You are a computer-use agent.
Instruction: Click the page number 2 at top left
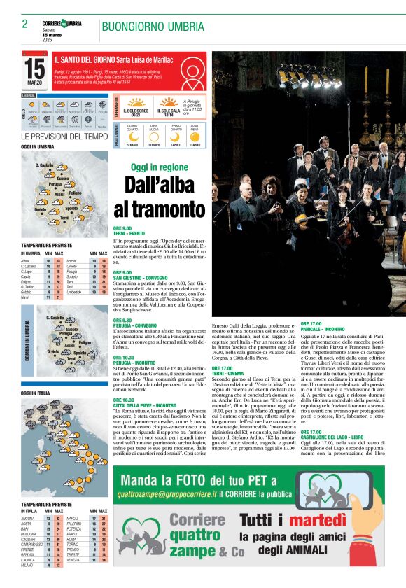tap(24, 24)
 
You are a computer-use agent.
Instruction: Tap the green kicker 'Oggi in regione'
tap(160, 167)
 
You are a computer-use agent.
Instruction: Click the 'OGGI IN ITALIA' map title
tap(37, 394)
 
